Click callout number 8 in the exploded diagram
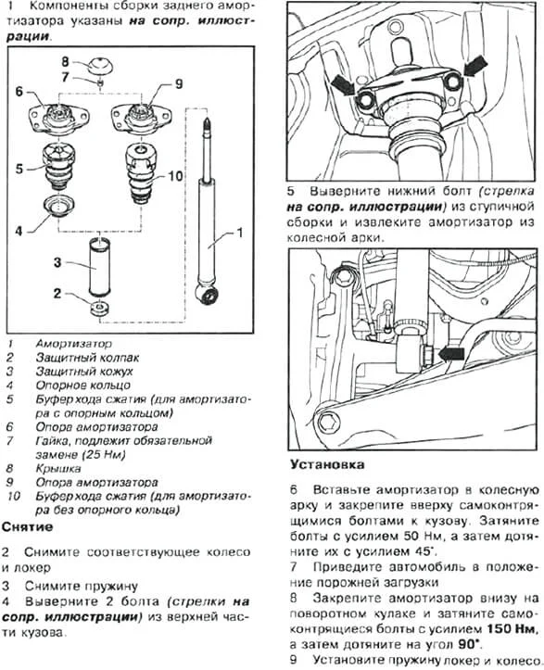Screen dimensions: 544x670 tap(65, 62)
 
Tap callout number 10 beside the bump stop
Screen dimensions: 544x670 tap(176, 176)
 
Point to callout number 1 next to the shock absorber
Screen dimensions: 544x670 tap(240, 233)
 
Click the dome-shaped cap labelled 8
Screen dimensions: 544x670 tap(99, 65)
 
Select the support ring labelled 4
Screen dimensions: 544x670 tap(59, 206)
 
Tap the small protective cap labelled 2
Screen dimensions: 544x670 tap(99, 308)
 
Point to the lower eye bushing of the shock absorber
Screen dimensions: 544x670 tap(209, 295)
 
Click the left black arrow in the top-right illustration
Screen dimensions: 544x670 tap(343, 84)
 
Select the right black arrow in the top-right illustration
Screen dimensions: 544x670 tap(475, 66)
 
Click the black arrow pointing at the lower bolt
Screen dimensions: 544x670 tap(451, 354)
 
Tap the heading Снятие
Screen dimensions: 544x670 tap(28, 527)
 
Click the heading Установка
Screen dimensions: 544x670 tap(327, 464)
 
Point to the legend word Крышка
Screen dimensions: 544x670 tap(58, 468)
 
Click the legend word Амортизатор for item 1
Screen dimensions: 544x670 tap(74, 344)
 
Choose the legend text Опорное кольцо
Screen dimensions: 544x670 tap(83, 385)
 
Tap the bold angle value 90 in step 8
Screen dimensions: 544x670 tap(469, 644)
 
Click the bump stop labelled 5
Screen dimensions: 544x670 tap(59, 167)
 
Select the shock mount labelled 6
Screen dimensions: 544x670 tap(59, 120)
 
